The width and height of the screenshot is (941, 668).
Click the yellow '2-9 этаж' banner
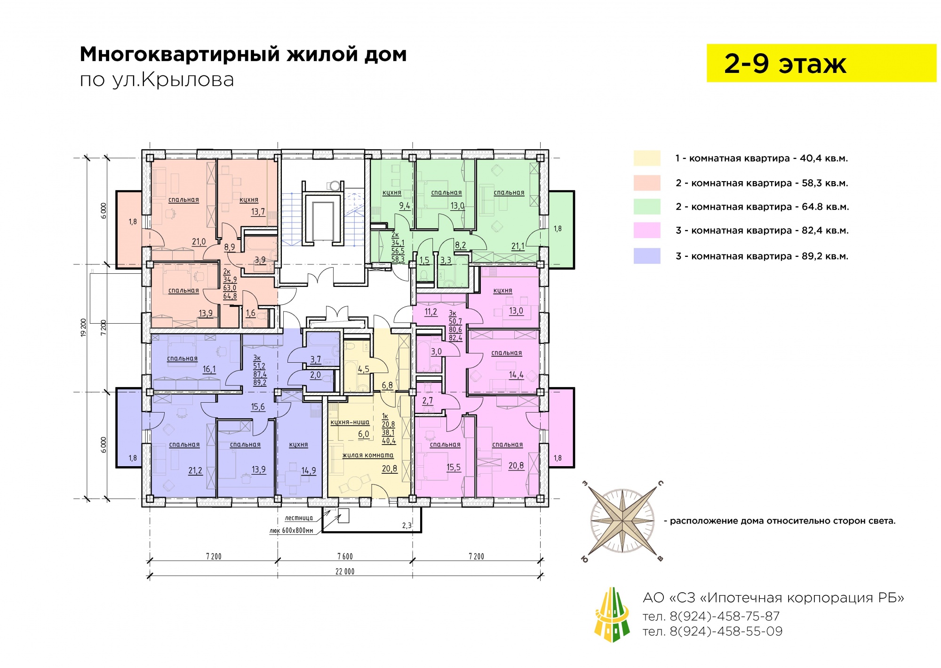(x=821, y=63)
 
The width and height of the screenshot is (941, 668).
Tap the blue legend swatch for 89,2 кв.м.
(x=647, y=256)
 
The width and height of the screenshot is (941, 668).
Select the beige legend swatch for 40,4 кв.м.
(x=647, y=158)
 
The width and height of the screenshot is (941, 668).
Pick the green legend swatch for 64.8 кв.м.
(x=647, y=207)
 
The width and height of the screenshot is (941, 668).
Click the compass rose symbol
(x=622, y=521)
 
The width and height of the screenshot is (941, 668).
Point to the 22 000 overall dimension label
(x=345, y=572)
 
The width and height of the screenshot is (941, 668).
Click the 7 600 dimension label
(x=345, y=557)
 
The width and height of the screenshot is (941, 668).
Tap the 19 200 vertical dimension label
(x=84, y=328)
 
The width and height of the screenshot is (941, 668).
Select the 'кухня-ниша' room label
(x=350, y=422)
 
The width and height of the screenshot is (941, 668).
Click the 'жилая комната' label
(x=368, y=455)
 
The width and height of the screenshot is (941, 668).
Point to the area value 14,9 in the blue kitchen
(x=309, y=470)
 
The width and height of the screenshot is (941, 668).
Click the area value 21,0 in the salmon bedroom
(x=199, y=242)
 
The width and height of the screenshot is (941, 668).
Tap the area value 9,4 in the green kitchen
(x=405, y=206)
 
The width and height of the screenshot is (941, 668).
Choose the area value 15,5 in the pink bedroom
(x=454, y=467)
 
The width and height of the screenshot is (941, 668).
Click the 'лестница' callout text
(x=299, y=518)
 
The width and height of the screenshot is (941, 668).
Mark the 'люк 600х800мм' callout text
(x=291, y=531)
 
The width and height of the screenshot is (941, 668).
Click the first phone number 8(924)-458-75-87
(x=711, y=616)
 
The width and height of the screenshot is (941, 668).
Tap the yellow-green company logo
(x=612, y=614)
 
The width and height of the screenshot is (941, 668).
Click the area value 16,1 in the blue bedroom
(x=209, y=369)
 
